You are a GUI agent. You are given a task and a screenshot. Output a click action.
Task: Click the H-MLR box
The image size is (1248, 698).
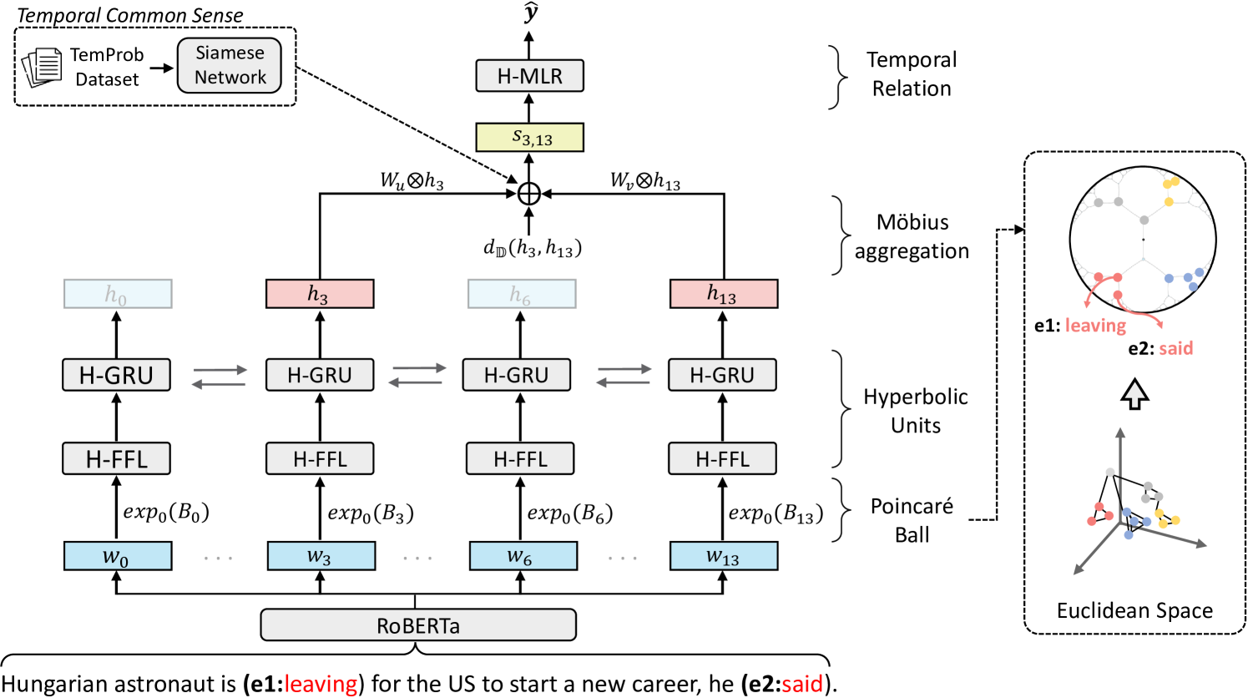point(529,76)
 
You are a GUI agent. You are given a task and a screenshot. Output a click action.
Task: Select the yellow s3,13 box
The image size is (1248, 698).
point(529,138)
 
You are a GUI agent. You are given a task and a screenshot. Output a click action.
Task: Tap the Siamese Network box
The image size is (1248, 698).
point(230,65)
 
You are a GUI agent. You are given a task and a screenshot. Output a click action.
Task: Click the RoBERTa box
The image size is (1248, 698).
point(418,625)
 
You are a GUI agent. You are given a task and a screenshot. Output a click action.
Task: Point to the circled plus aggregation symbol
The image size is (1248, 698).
point(529,194)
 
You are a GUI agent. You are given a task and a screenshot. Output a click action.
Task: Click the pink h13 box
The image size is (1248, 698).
point(723,294)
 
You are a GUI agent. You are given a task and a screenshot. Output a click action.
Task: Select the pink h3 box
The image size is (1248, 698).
point(319,294)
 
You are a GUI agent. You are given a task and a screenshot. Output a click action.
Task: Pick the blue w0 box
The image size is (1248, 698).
point(117,556)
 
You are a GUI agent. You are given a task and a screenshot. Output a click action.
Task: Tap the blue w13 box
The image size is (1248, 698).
point(723,556)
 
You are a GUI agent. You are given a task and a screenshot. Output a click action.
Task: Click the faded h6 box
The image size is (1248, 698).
point(521,294)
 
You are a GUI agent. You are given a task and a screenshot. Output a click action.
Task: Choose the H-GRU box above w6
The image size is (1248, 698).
point(517,375)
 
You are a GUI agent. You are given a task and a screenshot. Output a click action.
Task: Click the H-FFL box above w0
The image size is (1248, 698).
point(117,458)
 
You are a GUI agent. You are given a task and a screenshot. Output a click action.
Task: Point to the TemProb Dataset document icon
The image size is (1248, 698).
point(43,67)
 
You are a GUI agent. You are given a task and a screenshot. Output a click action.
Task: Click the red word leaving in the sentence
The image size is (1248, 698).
point(321,684)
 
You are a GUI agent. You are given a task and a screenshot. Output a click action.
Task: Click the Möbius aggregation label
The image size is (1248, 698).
point(912,236)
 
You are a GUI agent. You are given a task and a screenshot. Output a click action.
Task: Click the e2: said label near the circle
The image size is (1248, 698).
point(1160,348)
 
